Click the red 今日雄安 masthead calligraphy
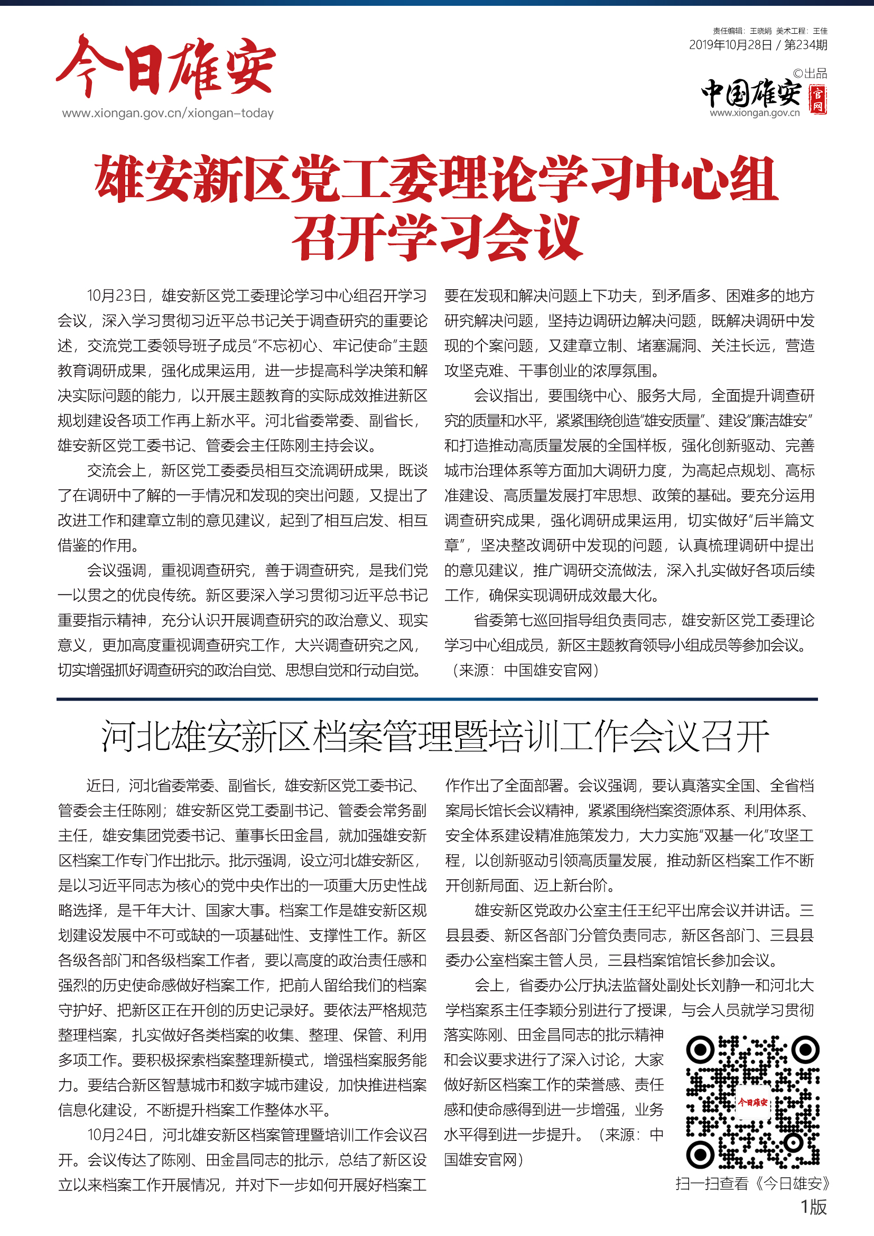click(166, 68)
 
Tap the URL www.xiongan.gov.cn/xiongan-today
click(168, 113)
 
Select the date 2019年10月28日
click(730, 45)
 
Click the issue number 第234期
click(806, 45)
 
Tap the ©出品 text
click(810, 74)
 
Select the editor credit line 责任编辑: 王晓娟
click(742, 31)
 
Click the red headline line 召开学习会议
click(437, 237)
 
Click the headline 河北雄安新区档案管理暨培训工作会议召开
click(436, 736)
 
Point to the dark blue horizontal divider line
click(437, 699)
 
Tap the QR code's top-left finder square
click(700, 1049)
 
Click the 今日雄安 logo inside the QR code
click(753, 1102)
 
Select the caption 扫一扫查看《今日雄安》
click(753, 1184)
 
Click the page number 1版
click(813, 1207)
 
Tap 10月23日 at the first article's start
click(117, 295)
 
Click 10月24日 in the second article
click(117, 1135)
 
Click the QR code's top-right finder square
click(806, 1049)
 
